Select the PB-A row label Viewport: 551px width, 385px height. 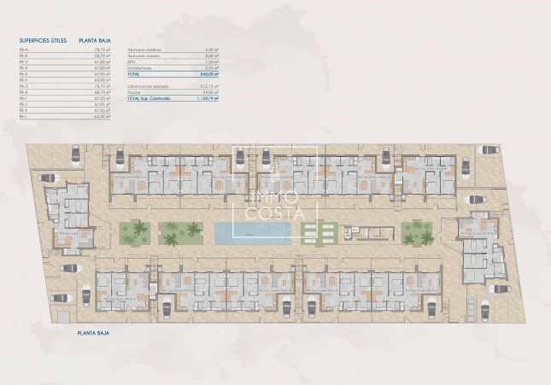(23, 50)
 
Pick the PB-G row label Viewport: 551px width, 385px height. (23, 86)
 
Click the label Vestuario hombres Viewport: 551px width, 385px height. (144, 50)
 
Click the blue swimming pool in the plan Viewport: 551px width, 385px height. (251, 232)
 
